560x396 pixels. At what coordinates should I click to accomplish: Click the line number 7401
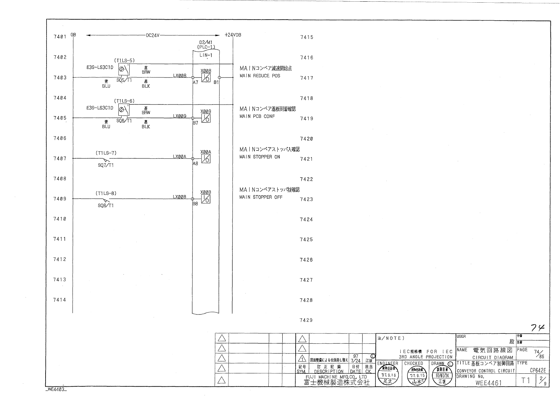coord(60,37)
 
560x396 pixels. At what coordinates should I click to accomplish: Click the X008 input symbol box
coord(206,78)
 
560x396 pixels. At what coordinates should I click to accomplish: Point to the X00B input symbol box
coord(206,199)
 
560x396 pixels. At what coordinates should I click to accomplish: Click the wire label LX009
coord(180,116)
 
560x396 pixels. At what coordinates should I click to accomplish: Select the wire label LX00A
coord(180,157)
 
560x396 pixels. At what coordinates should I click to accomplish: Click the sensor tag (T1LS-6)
coord(124,101)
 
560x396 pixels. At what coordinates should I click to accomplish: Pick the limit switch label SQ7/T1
coord(105,165)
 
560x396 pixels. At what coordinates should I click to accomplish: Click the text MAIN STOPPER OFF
coord(261,197)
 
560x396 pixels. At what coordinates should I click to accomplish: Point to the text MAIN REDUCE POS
coord(260,76)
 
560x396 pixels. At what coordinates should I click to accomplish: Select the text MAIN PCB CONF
coord(257,116)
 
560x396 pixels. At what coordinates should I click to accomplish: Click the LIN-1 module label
coord(206,55)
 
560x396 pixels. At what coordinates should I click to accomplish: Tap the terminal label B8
coord(195,204)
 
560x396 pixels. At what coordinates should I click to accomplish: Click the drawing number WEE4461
coord(488,383)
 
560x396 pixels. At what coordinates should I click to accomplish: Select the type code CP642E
coord(538,370)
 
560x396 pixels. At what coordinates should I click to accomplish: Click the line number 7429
coord(306,320)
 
